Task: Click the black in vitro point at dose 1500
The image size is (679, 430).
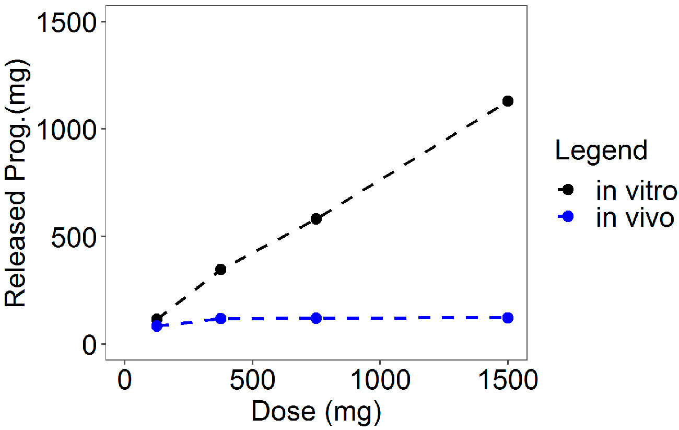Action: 507,101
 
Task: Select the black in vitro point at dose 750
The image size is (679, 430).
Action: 316,218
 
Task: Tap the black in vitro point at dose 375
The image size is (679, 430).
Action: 220,269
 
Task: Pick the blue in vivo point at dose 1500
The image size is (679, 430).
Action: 507,318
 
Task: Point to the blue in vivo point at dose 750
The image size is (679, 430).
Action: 316,318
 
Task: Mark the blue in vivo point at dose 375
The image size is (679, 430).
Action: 220,318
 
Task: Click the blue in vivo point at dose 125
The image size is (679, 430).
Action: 157,326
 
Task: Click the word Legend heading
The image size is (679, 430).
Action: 601,150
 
